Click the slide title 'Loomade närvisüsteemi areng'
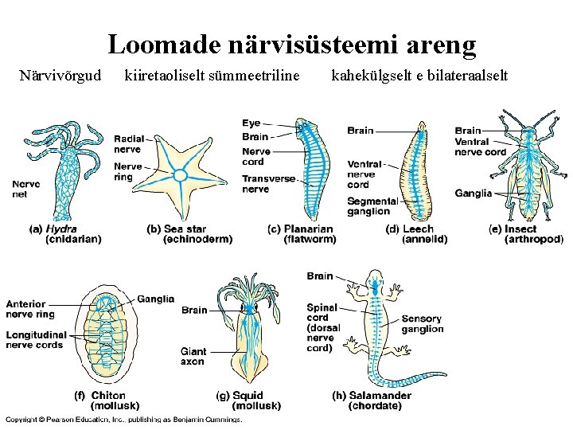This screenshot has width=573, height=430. [292, 45]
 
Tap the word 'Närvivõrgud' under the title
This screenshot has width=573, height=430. [60, 76]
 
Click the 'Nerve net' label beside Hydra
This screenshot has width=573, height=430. [25, 189]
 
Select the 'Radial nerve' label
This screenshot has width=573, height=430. [127, 143]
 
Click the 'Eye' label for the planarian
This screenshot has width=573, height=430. [251, 123]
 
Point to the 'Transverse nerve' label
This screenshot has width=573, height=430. [268, 184]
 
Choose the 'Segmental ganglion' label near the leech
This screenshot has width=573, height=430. [372, 206]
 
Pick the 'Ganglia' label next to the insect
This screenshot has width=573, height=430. [473, 193]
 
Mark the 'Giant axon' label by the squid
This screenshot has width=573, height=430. [193, 356]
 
